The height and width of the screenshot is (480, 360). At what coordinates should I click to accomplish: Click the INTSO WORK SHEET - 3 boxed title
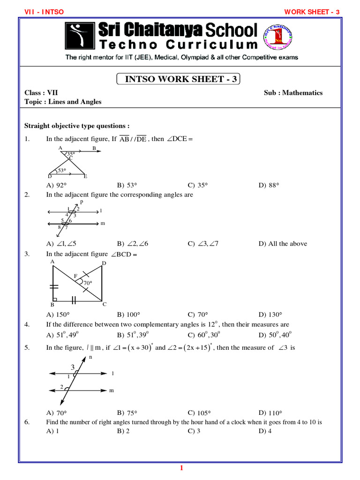(x=178, y=79)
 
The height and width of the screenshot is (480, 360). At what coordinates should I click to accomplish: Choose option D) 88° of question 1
(x=269, y=185)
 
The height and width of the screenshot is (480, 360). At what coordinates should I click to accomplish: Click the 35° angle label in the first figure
(x=71, y=154)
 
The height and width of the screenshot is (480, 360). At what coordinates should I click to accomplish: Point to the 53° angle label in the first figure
(x=62, y=171)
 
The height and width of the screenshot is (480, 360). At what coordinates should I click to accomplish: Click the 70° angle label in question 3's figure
(x=88, y=283)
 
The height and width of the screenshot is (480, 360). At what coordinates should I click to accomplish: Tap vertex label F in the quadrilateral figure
(x=75, y=276)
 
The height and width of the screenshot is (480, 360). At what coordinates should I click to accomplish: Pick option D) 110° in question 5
(x=270, y=413)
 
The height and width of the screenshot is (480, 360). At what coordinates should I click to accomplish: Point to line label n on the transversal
(x=90, y=357)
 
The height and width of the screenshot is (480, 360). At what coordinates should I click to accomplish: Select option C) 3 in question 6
(x=194, y=431)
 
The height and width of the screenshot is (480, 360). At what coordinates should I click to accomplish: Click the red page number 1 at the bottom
(x=180, y=469)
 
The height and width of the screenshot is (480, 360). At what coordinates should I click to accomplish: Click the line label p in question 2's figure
(x=81, y=202)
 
